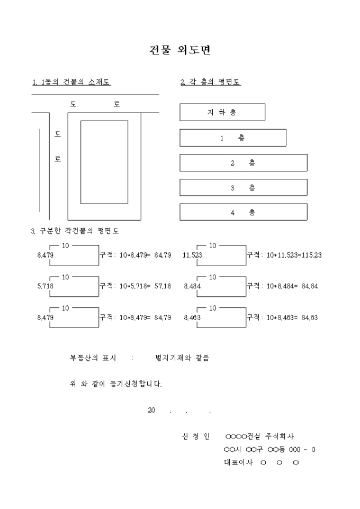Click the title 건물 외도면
point(181,50)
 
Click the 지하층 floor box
point(222,112)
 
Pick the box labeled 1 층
point(232,138)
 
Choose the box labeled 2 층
point(243,163)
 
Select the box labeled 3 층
point(243,188)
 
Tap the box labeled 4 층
point(243,212)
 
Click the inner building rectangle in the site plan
point(104,162)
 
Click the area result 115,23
point(310,256)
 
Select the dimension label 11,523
point(192,256)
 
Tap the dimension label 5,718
point(45,286)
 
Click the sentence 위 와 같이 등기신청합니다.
point(116,384)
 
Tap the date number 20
point(152,411)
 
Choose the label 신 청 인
point(196,437)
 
